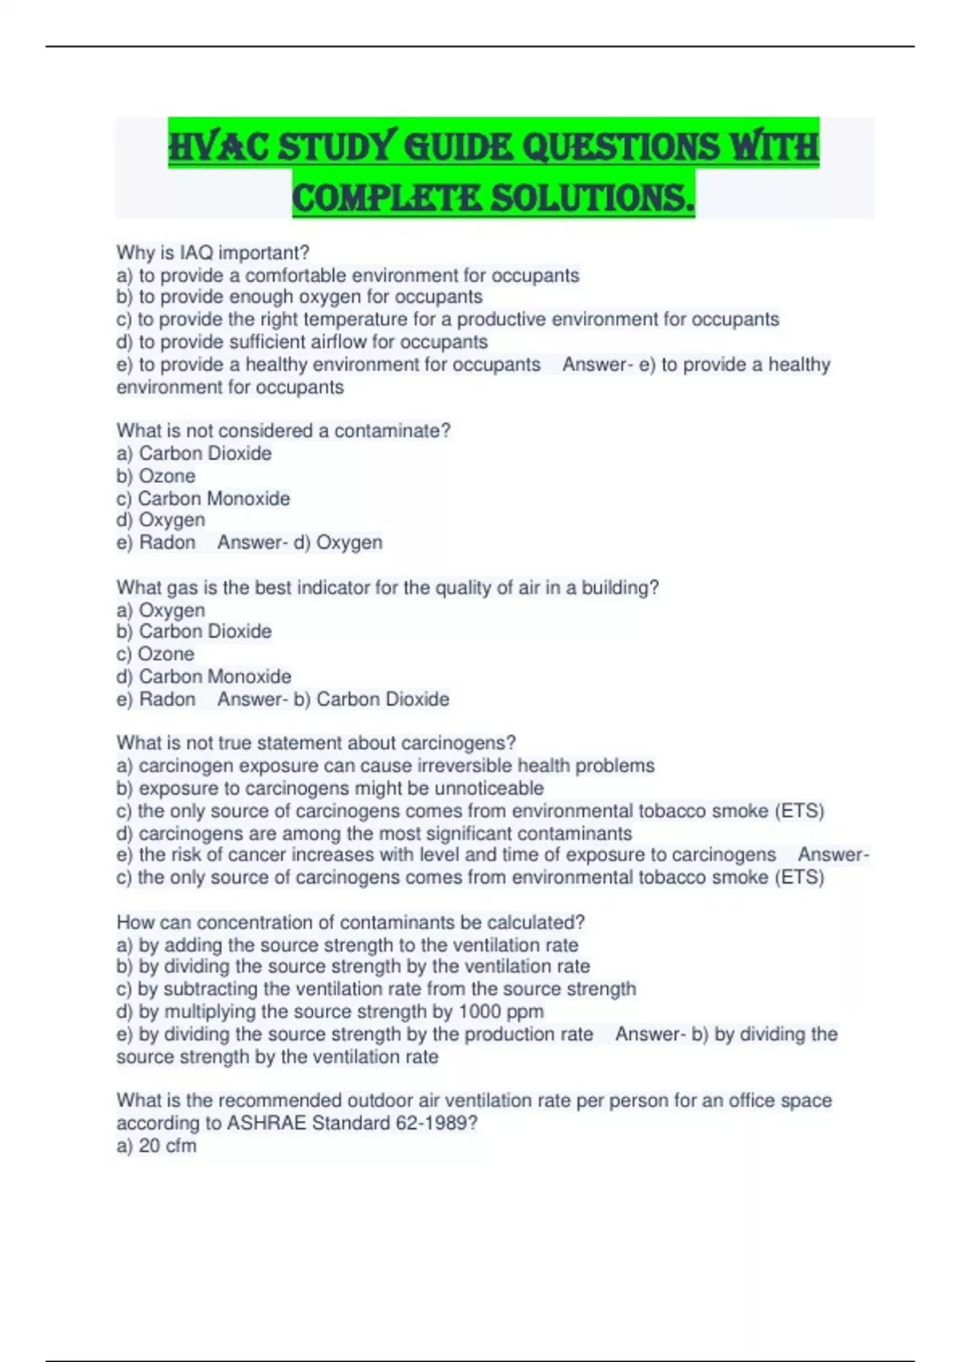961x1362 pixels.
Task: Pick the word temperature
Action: tap(334, 320)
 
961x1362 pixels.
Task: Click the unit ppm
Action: tap(524, 1012)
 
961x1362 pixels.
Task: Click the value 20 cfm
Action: tap(167, 1146)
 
